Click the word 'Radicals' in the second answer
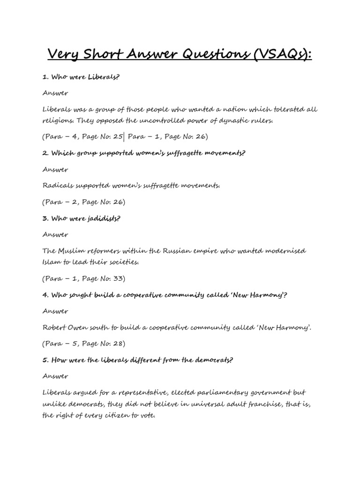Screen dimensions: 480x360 point(58,186)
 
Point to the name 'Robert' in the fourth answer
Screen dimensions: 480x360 point(55,327)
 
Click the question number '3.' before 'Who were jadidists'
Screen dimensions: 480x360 point(45,218)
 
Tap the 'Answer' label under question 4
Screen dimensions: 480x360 point(55,311)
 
